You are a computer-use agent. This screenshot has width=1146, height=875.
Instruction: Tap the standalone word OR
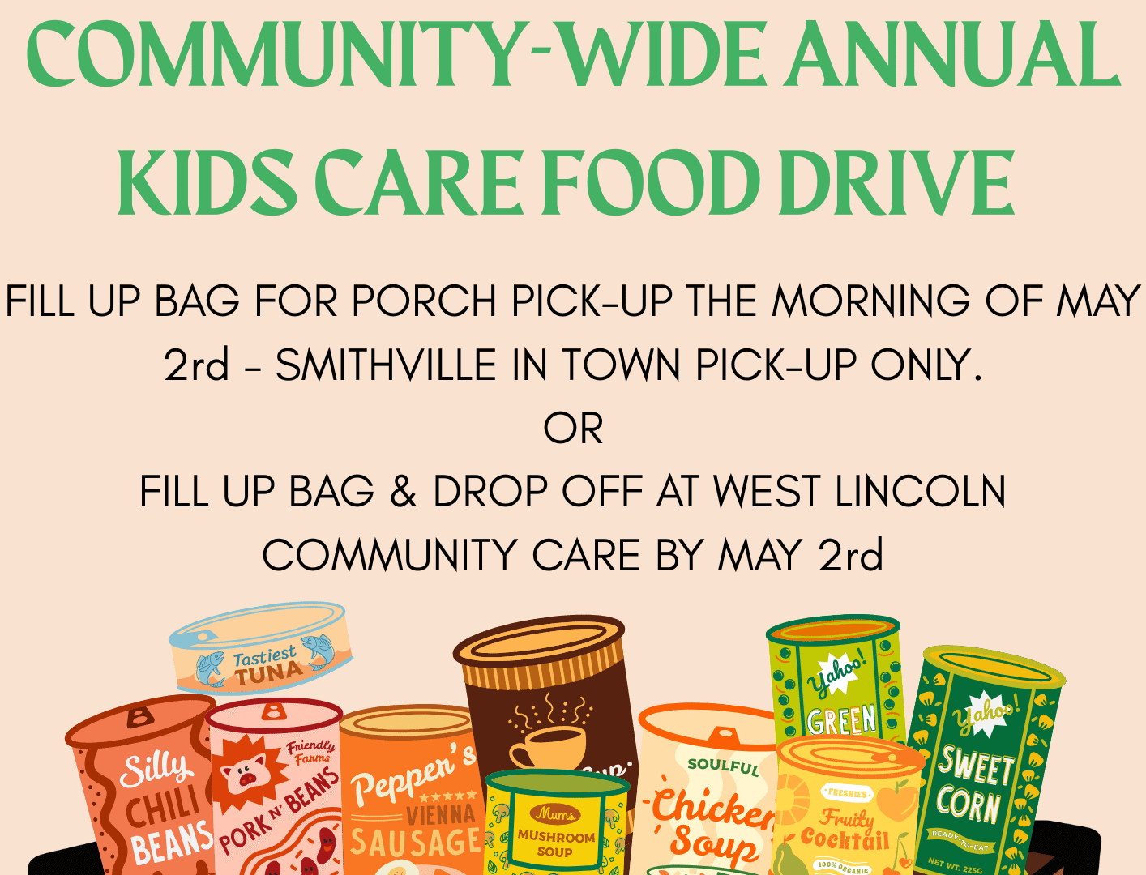(x=573, y=429)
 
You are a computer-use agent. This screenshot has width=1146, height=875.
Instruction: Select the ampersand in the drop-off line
(x=403, y=492)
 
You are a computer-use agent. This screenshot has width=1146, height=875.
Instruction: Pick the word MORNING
(x=870, y=301)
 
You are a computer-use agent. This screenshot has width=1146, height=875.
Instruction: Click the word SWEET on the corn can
(x=977, y=765)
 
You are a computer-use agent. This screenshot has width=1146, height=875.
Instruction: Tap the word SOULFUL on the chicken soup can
(x=723, y=765)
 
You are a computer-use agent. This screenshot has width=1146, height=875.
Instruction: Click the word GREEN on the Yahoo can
(x=841, y=719)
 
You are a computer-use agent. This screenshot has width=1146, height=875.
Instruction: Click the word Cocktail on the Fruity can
(x=845, y=839)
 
